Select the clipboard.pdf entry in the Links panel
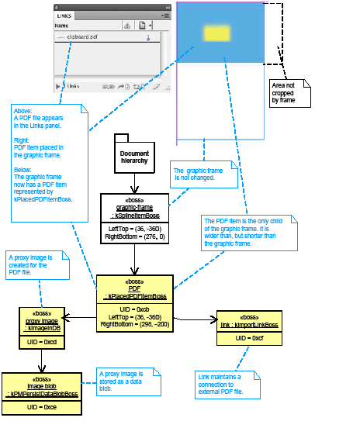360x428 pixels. (x=81, y=37)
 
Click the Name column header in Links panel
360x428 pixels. (x=62, y=26)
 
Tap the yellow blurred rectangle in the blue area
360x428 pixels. (x=216, y=32)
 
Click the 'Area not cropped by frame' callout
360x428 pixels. (x=289, y=92)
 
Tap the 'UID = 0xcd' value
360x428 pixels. (x=43, y=341)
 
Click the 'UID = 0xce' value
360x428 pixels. (x=42, y=407)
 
